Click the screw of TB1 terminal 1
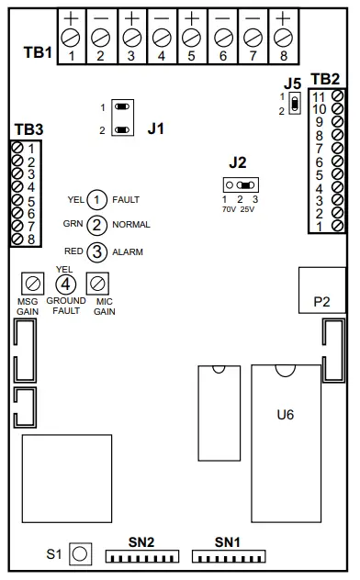click(x=72, y=38)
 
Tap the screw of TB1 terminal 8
click(x=284, y=38)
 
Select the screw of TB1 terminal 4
click(x=162, y=38)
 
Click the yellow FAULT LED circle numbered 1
click(x=97, y=200)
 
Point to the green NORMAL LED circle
click(x=97, y=225)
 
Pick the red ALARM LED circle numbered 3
click(x=97, y=251)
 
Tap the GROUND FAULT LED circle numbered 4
click(x=65, y=284)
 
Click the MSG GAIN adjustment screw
click(x=32, y=284)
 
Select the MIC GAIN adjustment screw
click(x=97, y=284)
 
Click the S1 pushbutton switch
click(x=80, y=554)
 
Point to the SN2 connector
click(x=142, y=557)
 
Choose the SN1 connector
click(x=229, y=557)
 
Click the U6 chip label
click(x=286, y=415)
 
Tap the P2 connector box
click(x=322, y=290)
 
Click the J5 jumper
click(x=295, y=104)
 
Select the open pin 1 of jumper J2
click(x=230, y=184)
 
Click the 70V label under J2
click(x=229, y=209)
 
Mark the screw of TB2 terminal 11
click(x=338, y=95)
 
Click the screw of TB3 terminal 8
click(x=17, y=240)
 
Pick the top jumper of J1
click(x=122, y=106)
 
